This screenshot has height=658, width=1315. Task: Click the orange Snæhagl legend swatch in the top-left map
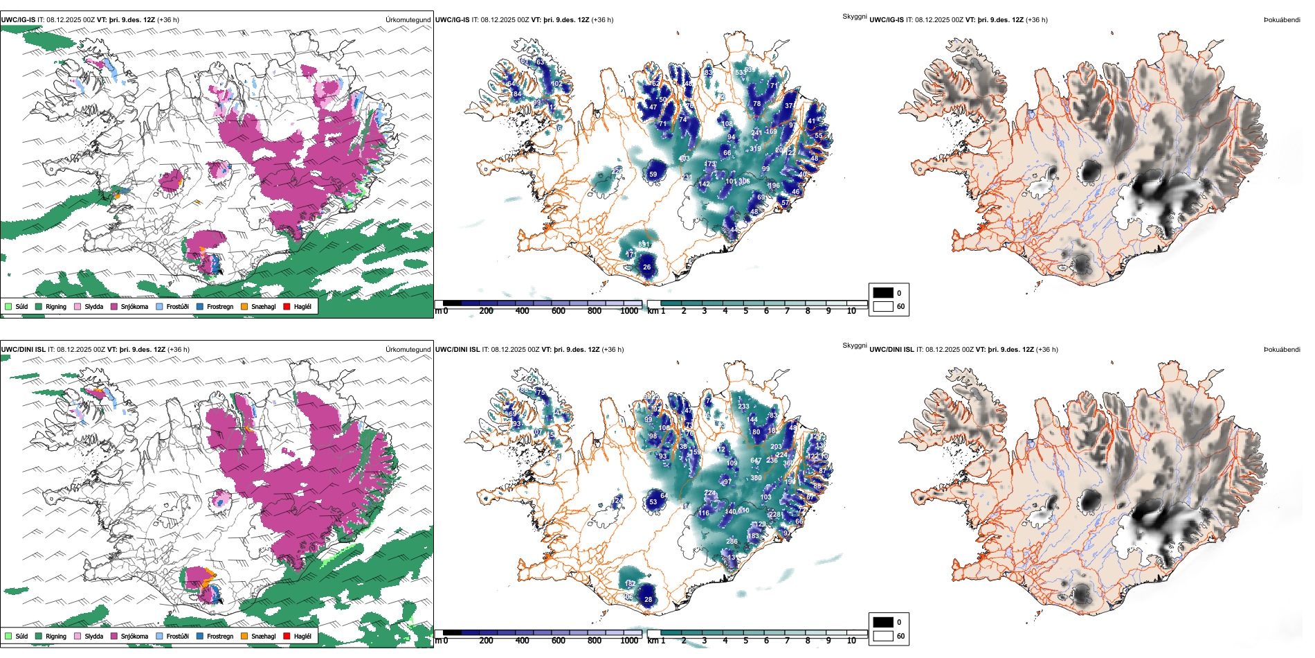pos(244,306)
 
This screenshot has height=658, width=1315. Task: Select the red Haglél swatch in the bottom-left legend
pos(287,636)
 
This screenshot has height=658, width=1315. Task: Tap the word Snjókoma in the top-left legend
pos(134,306)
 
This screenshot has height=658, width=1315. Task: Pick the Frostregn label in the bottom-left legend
pos(220,636)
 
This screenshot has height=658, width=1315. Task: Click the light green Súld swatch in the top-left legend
pos(8,306)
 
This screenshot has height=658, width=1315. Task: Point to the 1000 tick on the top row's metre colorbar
pos(629,311)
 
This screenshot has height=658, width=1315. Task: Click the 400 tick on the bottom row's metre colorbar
pos(523,641)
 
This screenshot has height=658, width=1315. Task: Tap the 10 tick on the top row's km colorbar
pos(851,311)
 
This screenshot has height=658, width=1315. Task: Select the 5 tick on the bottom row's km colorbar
pos(746,641)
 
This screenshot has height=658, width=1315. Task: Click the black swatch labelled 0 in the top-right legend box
pos(883,293)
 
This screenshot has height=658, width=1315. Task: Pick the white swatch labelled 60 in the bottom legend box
pos(883,636)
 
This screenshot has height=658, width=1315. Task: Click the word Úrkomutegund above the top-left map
pos(408,19)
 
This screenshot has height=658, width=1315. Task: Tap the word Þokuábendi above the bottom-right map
pos(1282,349)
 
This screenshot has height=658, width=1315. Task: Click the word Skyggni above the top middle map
pos(855,16)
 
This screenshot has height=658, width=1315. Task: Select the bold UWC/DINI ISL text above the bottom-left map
pos(23,349)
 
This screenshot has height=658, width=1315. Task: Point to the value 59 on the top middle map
pos(653,175)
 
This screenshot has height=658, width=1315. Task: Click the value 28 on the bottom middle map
pos(648,600)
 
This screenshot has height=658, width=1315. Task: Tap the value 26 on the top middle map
pos(646,267)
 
